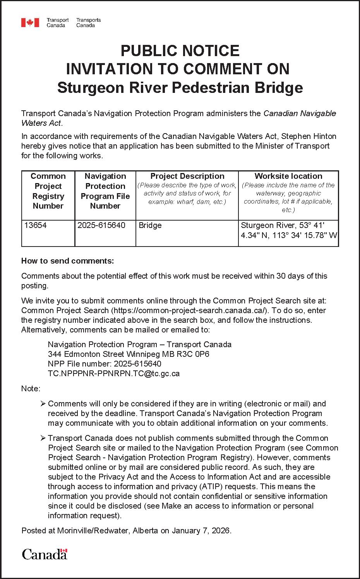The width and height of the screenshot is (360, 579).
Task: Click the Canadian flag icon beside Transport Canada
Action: [30, 23]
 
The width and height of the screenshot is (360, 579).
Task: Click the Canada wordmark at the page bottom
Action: [45, 554]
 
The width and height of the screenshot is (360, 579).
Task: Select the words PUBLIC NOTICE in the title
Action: [180, 51]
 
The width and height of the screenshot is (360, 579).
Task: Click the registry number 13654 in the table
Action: [35, 225]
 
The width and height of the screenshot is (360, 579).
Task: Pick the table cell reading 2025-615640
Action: [101, 225]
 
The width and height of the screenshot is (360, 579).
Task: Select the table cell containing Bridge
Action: [150, 225]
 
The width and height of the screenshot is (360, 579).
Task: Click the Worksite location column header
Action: [288, 176]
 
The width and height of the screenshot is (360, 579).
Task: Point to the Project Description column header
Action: [187, 176]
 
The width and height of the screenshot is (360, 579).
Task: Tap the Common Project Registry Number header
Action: [48, 191]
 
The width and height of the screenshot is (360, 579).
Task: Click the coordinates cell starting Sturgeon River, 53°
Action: [288, 230]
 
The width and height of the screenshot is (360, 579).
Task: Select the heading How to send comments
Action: [68, 261]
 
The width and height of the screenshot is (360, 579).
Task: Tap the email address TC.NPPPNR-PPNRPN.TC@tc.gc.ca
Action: [114, 373]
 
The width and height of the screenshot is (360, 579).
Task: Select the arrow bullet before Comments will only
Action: [43, 404]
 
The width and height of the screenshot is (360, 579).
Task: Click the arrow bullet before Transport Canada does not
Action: [43, 438]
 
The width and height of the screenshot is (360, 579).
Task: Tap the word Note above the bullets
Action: [30, 389]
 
